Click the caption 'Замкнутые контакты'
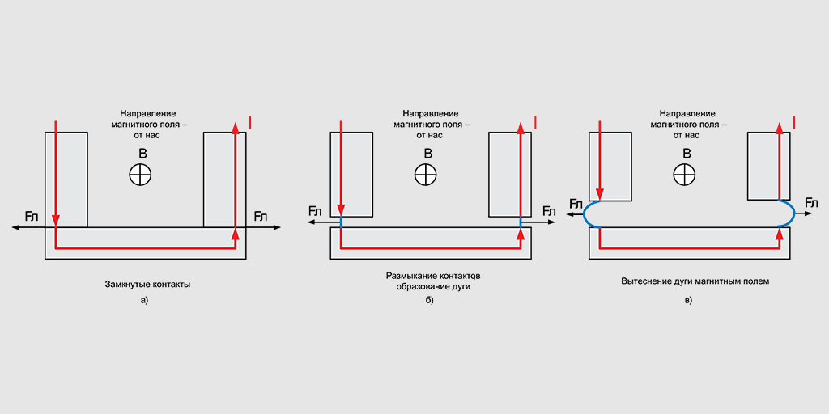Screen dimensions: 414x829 click(x=147, y=284)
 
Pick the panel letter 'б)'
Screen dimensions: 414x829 click(x=430, y=301)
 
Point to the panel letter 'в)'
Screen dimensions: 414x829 click(x=688, y=301)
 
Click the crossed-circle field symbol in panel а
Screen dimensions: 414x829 click(x=141, y=174)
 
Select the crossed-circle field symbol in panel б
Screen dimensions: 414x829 click(x=426, y=174)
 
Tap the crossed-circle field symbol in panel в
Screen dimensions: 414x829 click(x=685, y=174)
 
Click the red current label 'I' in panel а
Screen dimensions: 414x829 click(x=249, y=122)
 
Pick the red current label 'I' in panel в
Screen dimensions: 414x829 click(x=793, y=122)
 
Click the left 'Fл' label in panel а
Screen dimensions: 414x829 click(x=31, y=217)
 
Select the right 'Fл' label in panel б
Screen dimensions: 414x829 click(x=549, y=212)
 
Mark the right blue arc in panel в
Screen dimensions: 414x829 click(x=789, y=213)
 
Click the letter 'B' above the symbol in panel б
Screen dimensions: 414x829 click(x=426, y=153)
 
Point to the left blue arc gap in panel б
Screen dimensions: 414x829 click(x=341, y=221)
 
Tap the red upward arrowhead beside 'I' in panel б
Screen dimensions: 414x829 click(x=520, y=125)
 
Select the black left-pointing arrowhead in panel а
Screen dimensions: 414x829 click(x=15, y=228)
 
